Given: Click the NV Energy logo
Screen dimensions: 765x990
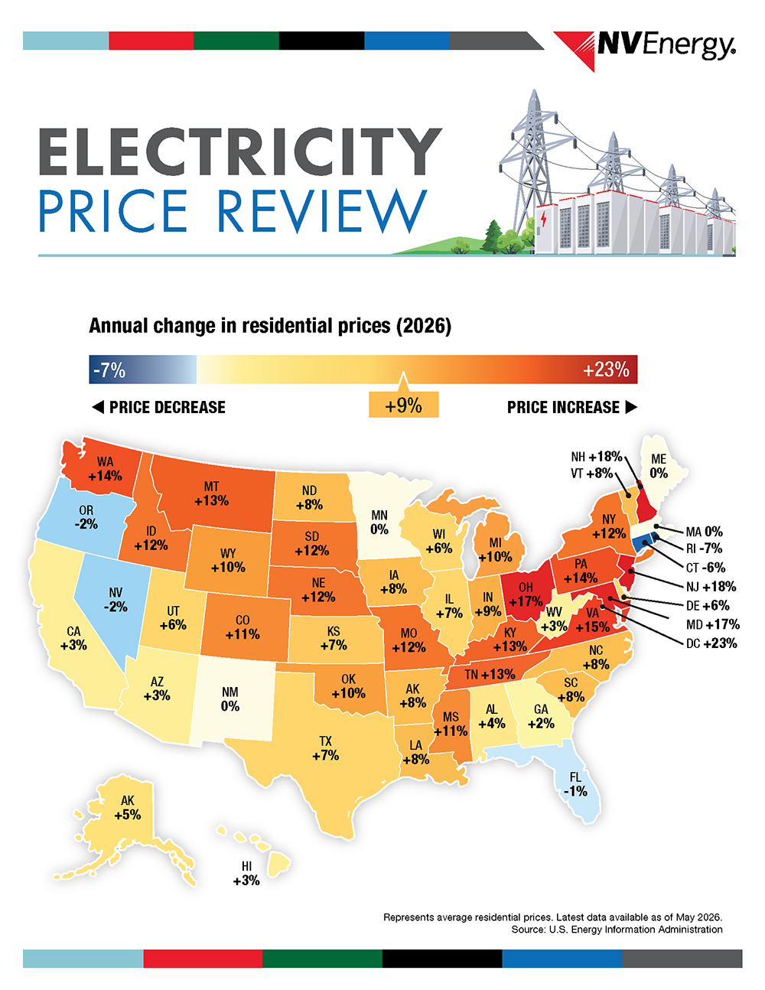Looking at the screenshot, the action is (x=644, y=49).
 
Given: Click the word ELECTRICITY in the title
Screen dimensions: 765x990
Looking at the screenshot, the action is (x=240, y=151).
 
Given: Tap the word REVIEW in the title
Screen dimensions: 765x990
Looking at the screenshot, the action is (x=322, y=211).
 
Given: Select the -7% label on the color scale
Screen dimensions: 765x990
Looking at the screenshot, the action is (x=109, y=370).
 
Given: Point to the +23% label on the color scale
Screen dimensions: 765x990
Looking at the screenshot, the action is (x=606, y=370).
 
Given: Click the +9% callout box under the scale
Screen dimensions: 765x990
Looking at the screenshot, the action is (x=403, y=405).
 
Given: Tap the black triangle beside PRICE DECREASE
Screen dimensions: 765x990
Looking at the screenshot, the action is (x=98, y=407).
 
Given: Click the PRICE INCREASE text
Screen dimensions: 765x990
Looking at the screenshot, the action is (x=563, y=407).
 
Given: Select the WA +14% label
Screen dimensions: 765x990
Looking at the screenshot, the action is (x=106, y=469).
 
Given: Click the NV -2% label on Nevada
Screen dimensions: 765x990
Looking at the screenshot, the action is (x=116, y=600).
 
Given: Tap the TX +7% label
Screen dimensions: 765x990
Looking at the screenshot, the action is (x=326, y=748).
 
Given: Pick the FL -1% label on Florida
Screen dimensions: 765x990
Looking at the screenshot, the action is (x=575, y=784).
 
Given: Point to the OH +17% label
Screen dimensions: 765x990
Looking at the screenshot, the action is (x=526, y=594).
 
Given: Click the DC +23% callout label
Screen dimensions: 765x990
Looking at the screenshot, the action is (x=711, y=643).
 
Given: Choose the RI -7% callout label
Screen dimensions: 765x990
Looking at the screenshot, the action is (x=704, y=548).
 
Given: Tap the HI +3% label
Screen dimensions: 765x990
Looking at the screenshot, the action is (x=246, y=874).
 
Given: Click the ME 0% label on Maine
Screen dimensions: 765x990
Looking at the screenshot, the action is (x=659, y=466).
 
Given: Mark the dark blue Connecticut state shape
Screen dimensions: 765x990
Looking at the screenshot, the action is (x=641, y=544).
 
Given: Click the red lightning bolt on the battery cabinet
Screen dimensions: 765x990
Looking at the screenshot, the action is (x=543, y=220).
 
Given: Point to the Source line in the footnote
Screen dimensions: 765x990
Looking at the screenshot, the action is (x=617, y=930).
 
